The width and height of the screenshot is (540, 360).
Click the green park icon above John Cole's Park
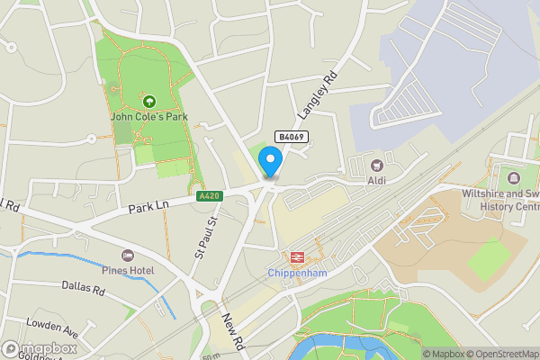[x=148, y=101]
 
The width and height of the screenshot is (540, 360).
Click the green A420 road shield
[x=208, y=196]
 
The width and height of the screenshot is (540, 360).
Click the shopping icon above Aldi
[x=376, y=165]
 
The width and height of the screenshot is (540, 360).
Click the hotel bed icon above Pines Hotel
[x=128, y=256]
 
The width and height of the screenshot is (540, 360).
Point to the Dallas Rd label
[x=84, y=289]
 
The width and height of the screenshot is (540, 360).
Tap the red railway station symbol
[x=294, y=257]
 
